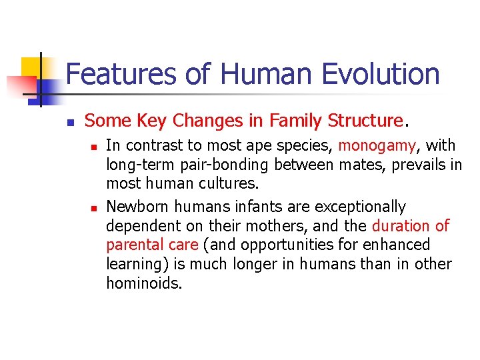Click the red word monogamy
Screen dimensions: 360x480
[x=377, y=145]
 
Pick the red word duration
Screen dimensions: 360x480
[x=400, y=226]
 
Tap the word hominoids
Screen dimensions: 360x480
[x=143, y=283]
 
